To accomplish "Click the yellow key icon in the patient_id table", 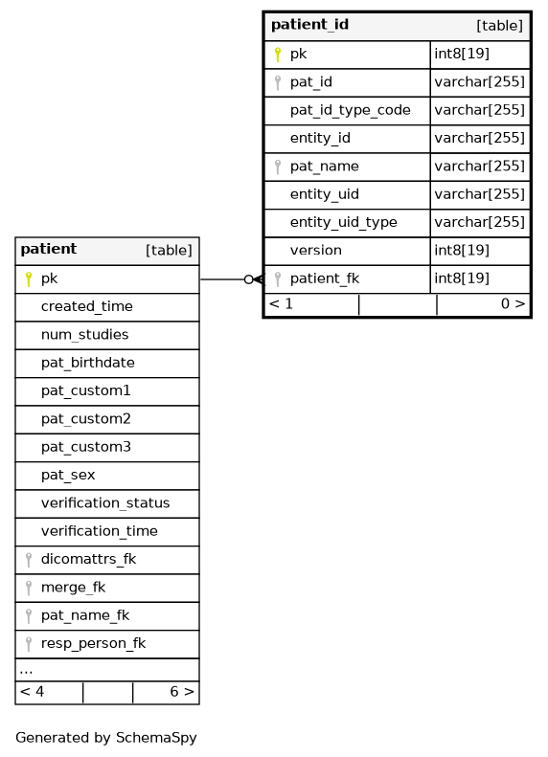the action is click(278, 55).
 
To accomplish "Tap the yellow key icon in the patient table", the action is click(29, 279).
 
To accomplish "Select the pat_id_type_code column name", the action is click(351, 111).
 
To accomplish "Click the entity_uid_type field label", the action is click(344, 223).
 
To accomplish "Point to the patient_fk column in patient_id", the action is click(325, 278).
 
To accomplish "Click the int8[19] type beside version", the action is click(462, 250).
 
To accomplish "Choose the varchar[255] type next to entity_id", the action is click(479, 138).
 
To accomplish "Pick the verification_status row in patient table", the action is click(105, 503).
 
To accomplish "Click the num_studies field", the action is click(84, 335).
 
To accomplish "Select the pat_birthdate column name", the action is click(88, 363).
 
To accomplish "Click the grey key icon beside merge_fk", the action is click(29, 588).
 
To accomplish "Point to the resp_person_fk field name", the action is click(93, 643).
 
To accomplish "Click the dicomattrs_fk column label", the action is click(88, 559).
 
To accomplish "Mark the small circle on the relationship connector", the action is click(249, 279).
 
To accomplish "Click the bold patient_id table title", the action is click(309, 25).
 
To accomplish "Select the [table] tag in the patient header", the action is click(169, 250).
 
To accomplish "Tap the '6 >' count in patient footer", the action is click(182, 692).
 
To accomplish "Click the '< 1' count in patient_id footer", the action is click(281, 303).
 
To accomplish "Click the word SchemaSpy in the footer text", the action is click(156, 738).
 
